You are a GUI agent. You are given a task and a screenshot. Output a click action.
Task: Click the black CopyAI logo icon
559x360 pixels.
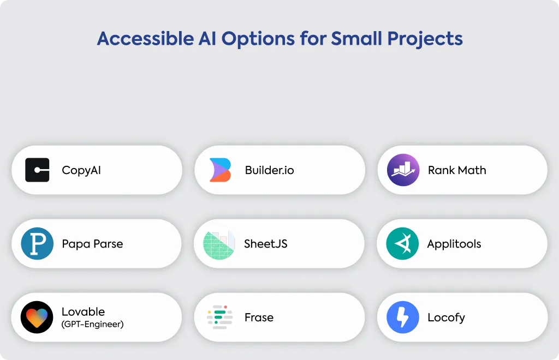(37, 170)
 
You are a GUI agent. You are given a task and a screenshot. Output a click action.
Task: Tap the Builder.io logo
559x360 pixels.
(220, 170)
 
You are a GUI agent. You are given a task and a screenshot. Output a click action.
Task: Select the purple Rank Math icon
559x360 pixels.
(403, 170)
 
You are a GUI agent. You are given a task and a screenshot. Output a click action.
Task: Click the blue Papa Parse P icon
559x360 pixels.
(37, 244)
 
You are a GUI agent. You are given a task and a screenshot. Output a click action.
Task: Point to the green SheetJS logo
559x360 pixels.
(219, 244)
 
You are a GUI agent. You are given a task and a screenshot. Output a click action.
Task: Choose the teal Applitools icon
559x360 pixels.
(402, 244)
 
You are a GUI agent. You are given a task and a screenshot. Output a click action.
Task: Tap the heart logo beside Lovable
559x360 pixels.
(37, 317)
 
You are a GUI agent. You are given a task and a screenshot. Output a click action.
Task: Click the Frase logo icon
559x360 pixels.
(219, 317)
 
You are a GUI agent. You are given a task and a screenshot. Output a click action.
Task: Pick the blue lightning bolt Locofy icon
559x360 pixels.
(403, 317)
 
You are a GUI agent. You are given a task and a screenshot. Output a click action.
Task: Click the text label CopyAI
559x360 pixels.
(81, 170)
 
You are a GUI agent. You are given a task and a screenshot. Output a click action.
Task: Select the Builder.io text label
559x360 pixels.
(270, 170)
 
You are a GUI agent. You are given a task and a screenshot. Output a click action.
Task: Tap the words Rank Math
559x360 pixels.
(457, 170)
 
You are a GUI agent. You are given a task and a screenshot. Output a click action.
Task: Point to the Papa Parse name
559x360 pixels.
(92, 244)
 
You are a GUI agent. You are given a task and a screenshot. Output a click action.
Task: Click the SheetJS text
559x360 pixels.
(266, 244)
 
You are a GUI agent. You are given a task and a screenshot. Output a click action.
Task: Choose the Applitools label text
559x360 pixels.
(454, 244)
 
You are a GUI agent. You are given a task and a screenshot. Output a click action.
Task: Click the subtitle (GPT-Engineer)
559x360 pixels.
(93, 324)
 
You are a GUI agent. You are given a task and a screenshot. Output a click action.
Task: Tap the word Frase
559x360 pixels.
(259, 317)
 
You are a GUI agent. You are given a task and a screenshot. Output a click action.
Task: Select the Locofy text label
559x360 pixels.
(447, 317)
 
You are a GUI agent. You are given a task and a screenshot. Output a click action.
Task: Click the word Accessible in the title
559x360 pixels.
(145, 39)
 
